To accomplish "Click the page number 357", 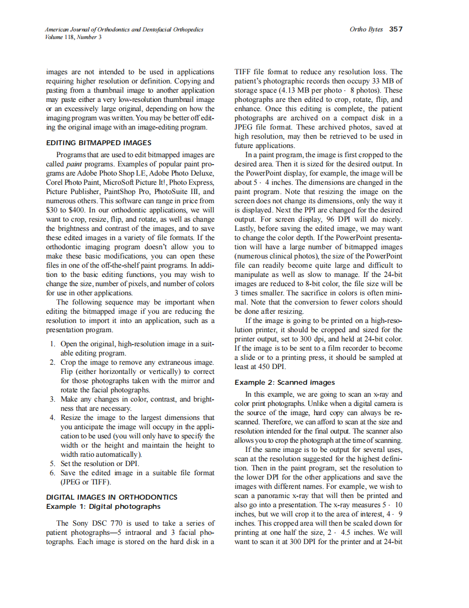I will (396, 29).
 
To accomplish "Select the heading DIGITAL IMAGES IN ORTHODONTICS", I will (112, 497).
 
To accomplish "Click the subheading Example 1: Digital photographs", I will (103, 506).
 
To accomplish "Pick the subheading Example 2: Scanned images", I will (284, 383).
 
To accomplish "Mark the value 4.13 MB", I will (295, 90).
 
